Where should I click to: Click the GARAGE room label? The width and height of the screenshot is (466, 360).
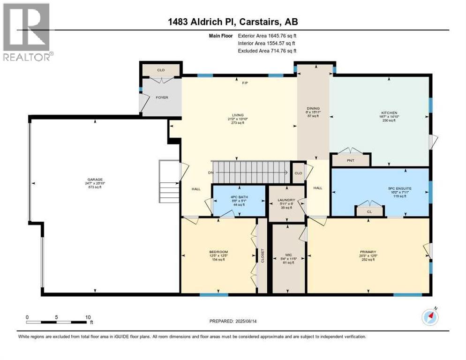coord(94,180)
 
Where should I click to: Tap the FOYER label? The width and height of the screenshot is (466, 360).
coord(162,97)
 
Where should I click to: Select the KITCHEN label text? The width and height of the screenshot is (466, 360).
coord(389,112)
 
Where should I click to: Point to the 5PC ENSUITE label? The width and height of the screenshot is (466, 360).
coord(390,188)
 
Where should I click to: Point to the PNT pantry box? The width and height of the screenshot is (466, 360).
coord(350,160)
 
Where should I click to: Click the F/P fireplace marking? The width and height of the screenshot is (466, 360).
coord(244,83)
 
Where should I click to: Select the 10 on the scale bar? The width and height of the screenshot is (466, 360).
coord(88,317)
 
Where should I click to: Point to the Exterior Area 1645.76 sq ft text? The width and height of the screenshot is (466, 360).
coord(267,36)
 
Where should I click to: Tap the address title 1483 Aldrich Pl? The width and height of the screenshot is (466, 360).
coord(233,22)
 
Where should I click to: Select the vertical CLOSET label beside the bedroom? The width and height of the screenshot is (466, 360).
coord(263,256)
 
